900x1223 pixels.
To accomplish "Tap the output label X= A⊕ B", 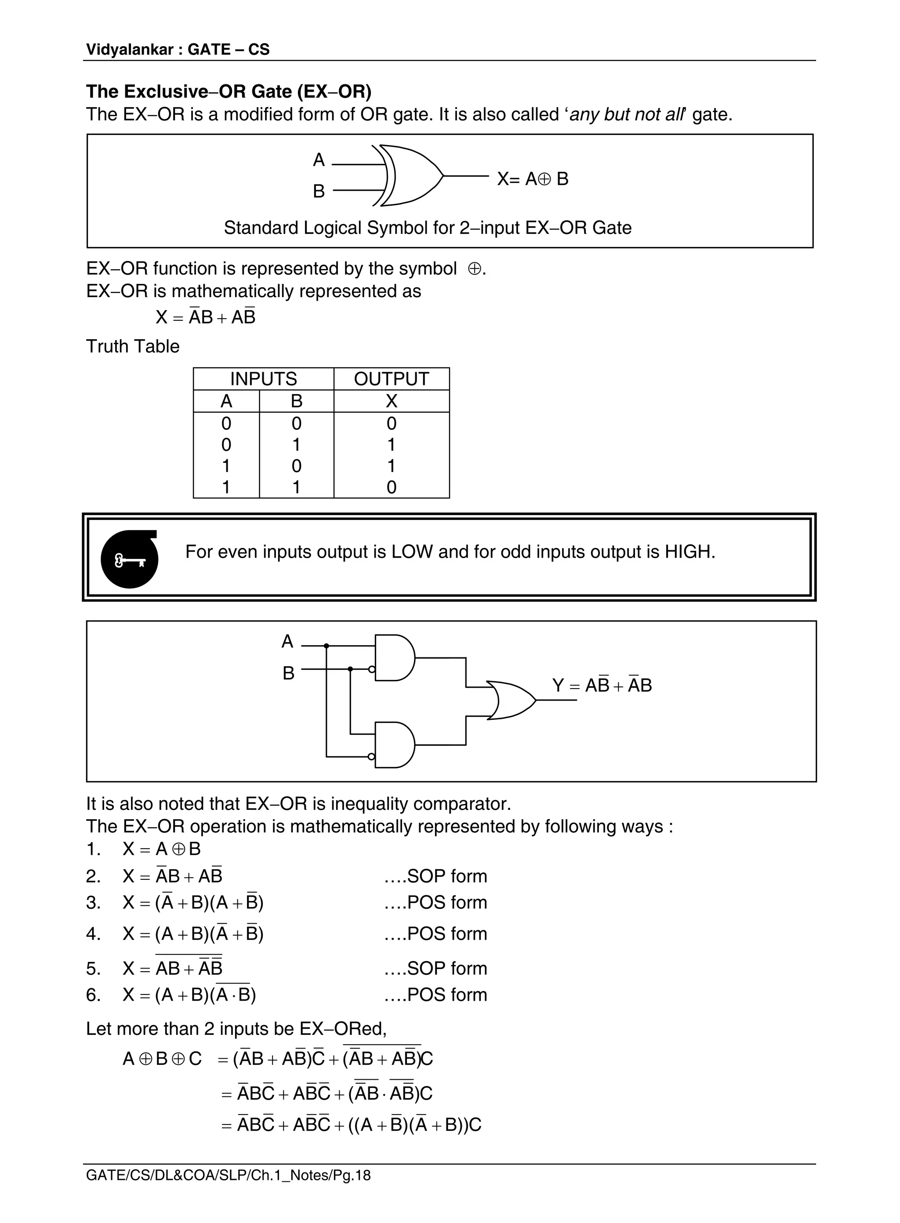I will tap(532, 179).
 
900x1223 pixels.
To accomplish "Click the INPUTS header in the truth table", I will tap(263, 379).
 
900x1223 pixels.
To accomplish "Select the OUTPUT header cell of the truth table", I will tap(391, 379).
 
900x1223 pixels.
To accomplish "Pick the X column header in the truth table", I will tap(391, 401).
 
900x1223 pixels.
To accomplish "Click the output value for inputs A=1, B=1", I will tap(391, 487).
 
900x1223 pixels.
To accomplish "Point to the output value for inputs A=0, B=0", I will tap(391, 423).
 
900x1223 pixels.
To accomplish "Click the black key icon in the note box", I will tap(130, 559).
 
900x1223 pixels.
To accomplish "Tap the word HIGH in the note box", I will tap(689, 552).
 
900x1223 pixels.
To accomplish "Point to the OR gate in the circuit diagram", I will tap(512, 700).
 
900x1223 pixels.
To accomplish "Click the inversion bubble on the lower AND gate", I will tap(371, 757).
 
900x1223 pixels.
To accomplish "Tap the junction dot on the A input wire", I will tap(327, 646).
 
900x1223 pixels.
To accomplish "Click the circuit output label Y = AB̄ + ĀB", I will tap(602, 685).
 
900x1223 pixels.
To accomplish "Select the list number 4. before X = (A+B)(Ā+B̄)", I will tap(93, 934).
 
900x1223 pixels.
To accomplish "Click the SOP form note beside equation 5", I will tap(436, 968).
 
